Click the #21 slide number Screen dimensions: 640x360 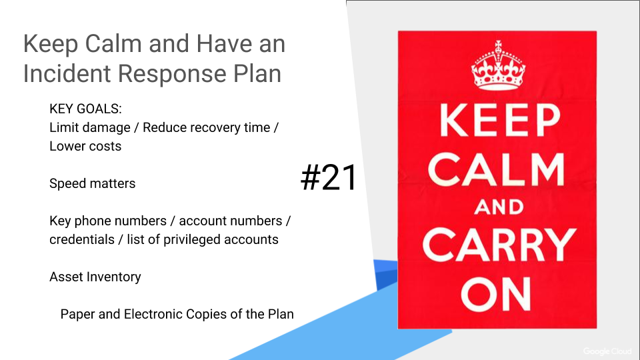[329, 177]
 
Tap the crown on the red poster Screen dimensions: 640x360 [498, 65]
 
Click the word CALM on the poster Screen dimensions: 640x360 [496, 169]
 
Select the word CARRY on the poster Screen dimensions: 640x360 [499, 245]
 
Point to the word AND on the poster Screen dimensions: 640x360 [499, 207]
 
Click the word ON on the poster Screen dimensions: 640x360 [496, 294]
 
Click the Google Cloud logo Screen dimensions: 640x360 [607, 351]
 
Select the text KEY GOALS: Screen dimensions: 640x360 [85, 109]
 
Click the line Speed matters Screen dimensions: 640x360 [92, 184]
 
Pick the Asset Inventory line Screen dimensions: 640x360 [95, 277]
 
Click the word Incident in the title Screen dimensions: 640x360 [67, 73]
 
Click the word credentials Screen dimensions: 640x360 [81, 239]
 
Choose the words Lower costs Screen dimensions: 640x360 [85, 146]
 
